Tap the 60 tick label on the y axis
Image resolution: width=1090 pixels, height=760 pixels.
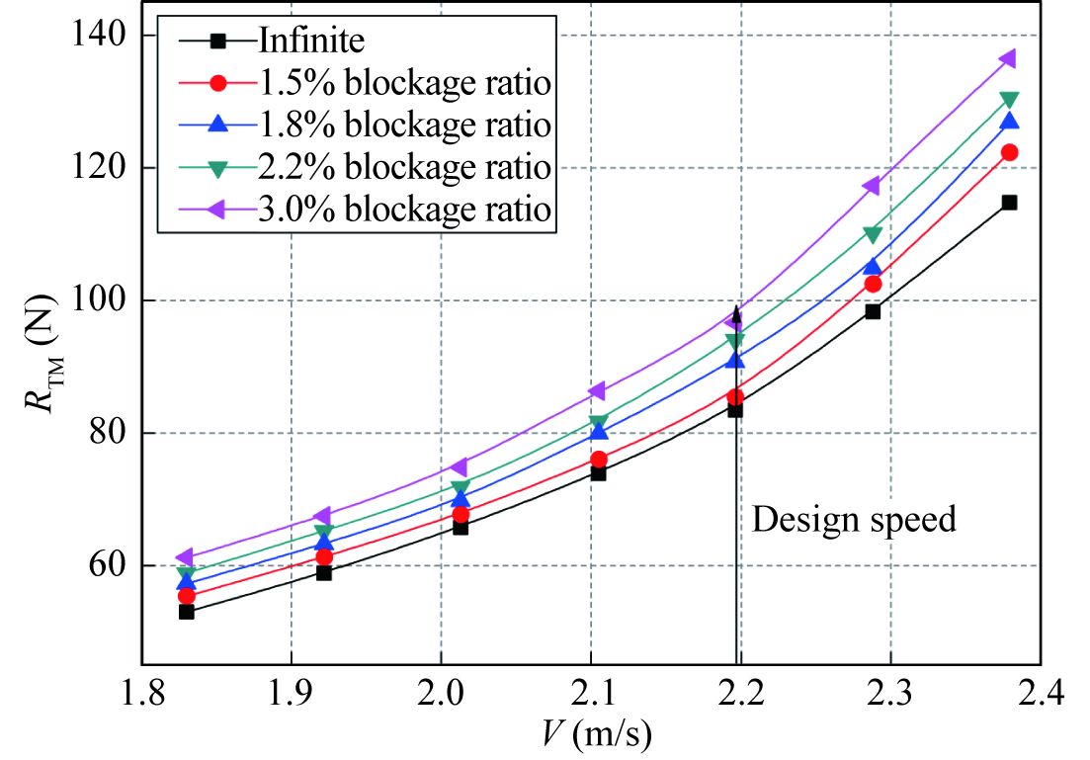105,566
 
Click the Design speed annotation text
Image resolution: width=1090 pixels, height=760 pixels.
854,519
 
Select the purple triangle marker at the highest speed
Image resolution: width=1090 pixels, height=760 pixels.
1008,58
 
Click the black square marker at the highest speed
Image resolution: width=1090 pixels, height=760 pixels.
1009,203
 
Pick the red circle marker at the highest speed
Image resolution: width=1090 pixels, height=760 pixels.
1009,152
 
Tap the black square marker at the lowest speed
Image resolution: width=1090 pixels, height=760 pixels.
186,612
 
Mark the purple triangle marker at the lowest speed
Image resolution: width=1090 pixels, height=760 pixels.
185,558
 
